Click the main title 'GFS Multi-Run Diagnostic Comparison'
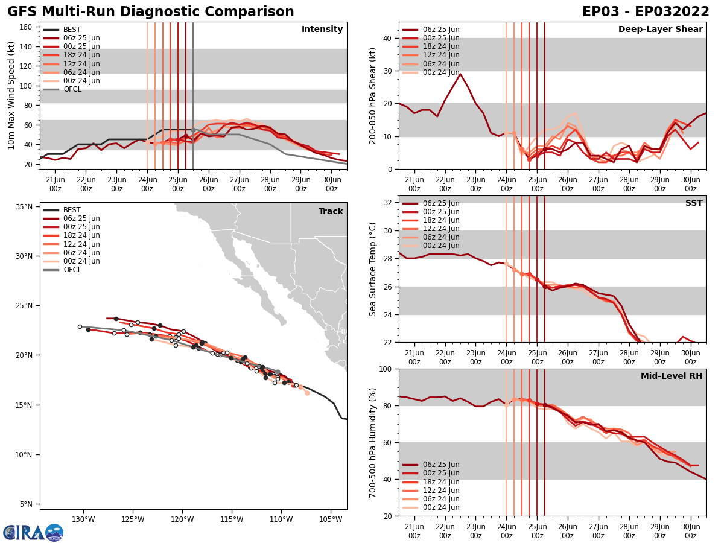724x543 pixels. click(x=151, y=12)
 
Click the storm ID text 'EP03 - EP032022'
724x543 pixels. click(x=646, y=12)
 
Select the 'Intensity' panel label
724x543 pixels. click(x=322, y=30)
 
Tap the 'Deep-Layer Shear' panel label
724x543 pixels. click(x=660, y=30)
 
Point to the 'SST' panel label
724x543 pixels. click(x=693, y=203)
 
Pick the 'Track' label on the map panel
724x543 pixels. click(x=331, y=212)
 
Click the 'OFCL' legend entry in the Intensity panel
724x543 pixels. click(x=72, y=89)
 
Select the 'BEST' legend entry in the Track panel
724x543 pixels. click(x=72, y=210)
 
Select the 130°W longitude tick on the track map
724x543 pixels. click(x=83, y=519)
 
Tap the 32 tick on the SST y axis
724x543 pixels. click(x=389, y=203)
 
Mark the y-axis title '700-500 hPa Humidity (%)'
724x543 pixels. click(x=373, y=442)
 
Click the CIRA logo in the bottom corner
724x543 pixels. click(x=33, y=532)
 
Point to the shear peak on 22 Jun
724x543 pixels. click(x=460, y=74)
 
